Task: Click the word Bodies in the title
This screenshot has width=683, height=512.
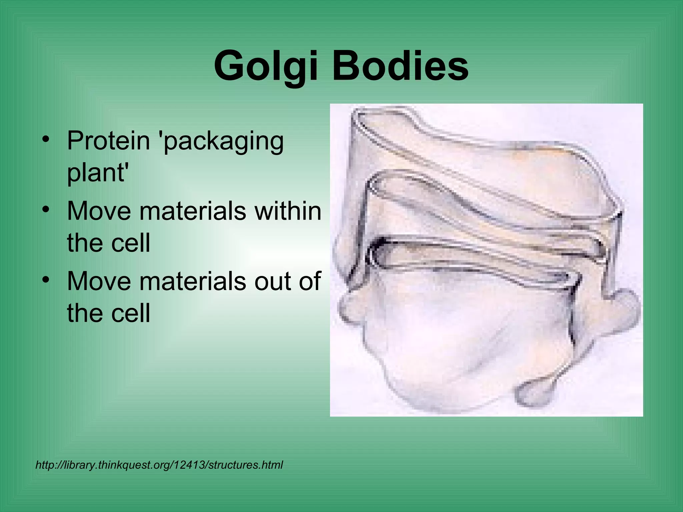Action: coord(400,66)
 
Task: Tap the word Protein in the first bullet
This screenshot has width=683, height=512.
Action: coord(108,141)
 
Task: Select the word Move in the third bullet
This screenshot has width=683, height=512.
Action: coord(99,281)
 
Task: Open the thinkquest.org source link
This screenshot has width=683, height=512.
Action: coord(159,465)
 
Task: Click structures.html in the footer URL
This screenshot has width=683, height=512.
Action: coord(245,465)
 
